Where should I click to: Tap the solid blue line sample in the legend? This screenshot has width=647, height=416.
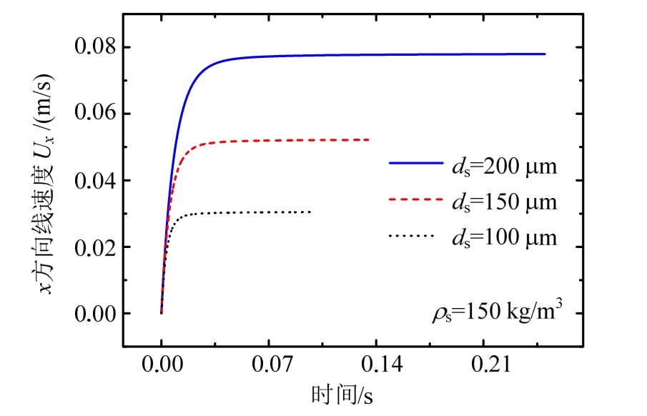[415, 164]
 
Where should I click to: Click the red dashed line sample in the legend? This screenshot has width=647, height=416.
[415, 201]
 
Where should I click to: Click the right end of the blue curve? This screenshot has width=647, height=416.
[545, 54]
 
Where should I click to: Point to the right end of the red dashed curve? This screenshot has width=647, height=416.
[369, 139]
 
